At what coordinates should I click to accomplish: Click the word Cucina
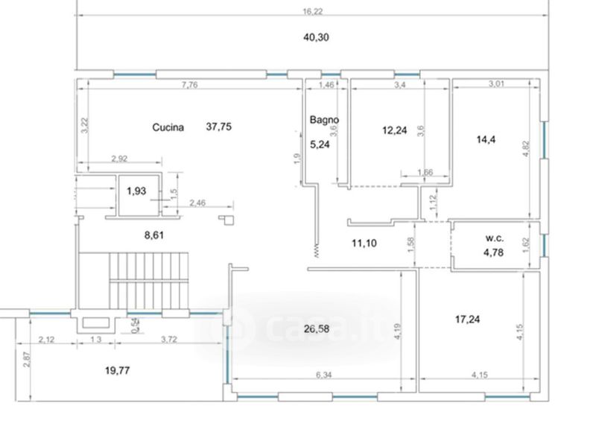pos(168,127)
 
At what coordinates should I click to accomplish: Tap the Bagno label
pos(324,120)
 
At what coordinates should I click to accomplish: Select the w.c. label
pos(495,238)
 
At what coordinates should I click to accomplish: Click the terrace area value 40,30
pos(316,37)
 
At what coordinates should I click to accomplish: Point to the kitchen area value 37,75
pos(218,127)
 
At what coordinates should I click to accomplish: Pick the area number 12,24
pos(395,130)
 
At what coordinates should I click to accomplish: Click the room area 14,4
pos(486,139)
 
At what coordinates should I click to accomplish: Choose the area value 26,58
pos(317,328)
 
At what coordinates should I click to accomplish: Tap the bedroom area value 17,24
pos(467,319)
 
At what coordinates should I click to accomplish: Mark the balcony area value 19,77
pos(118,370)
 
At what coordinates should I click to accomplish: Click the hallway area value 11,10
pos(364,243)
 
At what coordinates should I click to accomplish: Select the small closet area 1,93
pos(136,191)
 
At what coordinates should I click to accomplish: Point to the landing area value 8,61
pos(154,235)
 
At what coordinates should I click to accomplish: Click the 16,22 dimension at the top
pos(312,11)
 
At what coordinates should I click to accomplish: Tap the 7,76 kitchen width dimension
pos(190,85)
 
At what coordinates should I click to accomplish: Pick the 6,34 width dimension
pos(324,375)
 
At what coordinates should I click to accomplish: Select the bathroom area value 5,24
pos(320,144)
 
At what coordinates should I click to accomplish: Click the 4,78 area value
pos(493,252)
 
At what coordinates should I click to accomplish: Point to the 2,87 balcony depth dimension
pos(26,359)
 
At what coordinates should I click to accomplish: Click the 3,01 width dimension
pos(496,83)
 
